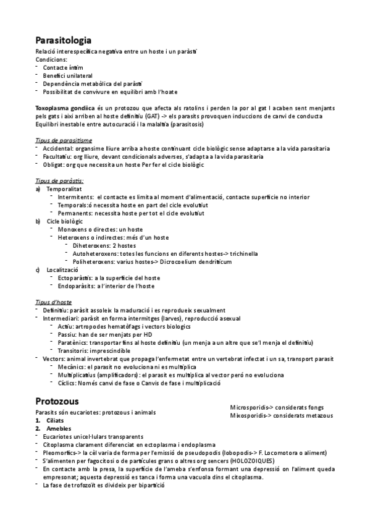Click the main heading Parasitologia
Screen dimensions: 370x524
click(x=64, y=40)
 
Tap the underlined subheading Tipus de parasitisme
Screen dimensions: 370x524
click(x=64, y=140)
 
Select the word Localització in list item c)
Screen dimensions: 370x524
click(x=62, y=269)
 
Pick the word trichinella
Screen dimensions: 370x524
click(x=241, y=253)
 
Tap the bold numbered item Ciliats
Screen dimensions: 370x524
click(x=55, y=420)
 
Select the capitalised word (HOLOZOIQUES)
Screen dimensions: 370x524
click(x=256, y=460)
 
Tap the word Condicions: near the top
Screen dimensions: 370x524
click(x=52, y=59)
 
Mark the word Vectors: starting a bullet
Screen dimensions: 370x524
click(x=55, y=358)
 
